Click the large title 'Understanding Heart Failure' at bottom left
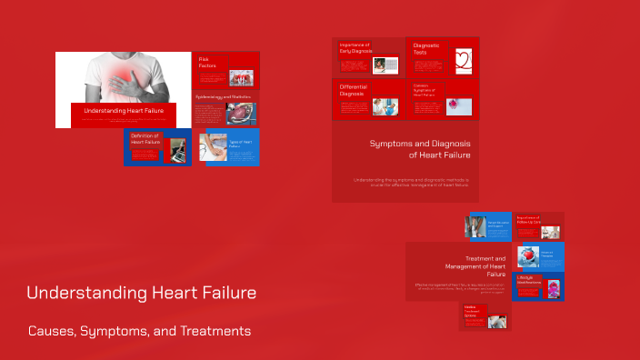141,294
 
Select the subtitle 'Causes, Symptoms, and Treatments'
138,331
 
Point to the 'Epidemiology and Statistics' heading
223,96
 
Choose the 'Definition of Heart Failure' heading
145,139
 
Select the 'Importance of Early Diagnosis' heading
355,47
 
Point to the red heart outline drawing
465,61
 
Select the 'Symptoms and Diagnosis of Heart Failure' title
418,149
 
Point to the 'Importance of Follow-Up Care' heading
527,219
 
